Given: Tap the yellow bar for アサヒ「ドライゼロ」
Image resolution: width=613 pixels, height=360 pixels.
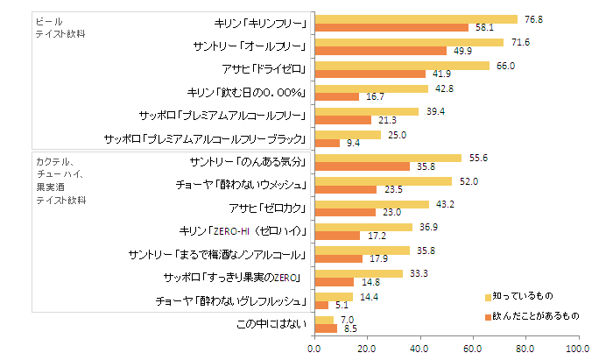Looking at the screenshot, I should coord(402,65).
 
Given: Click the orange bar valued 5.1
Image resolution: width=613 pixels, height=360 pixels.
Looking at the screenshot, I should coord(321,306).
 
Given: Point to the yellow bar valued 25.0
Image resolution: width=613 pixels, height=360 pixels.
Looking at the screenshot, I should coord(348,134).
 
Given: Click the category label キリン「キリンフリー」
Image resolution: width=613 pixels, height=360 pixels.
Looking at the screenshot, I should coord(260,23).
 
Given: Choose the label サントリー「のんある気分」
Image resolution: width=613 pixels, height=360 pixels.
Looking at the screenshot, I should coord(250,162).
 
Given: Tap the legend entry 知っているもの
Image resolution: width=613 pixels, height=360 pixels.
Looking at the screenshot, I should coord(522,297).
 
